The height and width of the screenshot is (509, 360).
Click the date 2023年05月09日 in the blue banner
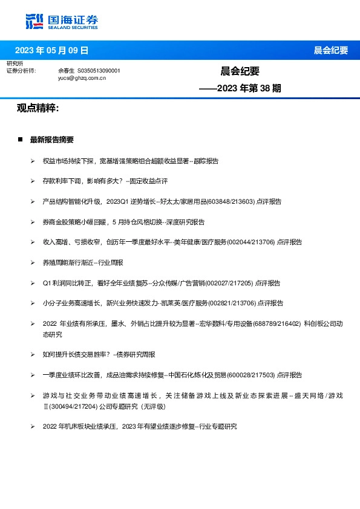pyautogui.click(x=51, y=50)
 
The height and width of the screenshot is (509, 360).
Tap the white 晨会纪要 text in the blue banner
pyautogui.click(x=330, y=50)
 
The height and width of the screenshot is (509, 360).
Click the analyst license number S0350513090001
pyautogui.click(x=99, y=71)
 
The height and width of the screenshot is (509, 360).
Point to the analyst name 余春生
pyautogui.click(x=67, y=71)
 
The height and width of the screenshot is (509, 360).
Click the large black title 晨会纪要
pyautogui.click(x=240, y=71)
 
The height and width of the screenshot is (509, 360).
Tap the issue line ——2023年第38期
pyautogui.click(x=240, y=88)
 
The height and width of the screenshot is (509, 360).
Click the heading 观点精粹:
pyautogui.click(x=38, y=108)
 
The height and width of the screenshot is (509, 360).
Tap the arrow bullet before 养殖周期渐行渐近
pyautogui.click(x=32, y=263)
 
